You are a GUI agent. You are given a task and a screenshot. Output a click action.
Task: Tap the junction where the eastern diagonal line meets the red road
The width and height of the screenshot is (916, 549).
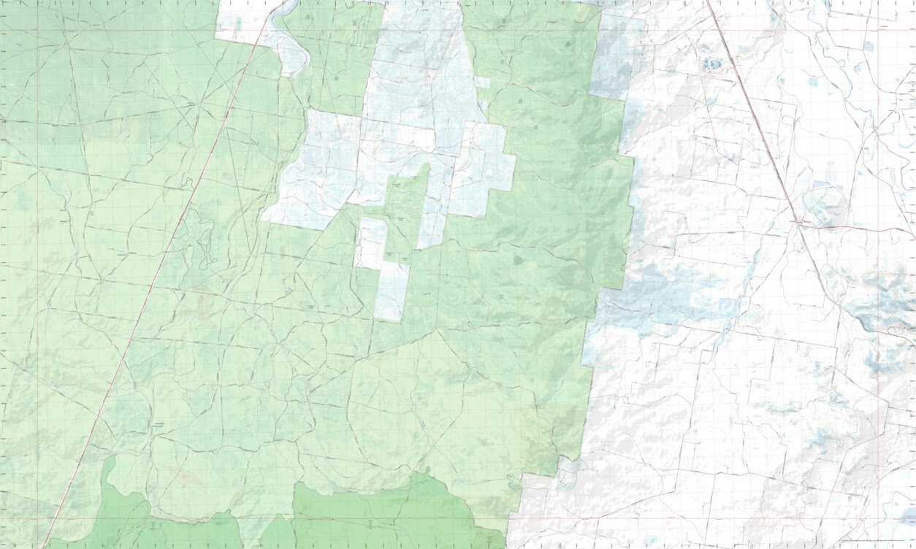(800, 222)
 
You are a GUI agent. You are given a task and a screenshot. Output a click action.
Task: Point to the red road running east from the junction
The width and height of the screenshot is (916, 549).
(855, 228)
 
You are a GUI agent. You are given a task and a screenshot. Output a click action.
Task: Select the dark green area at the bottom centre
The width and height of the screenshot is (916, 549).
(380, 515)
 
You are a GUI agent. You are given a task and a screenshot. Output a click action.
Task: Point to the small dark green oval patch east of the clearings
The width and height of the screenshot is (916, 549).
(518, 259)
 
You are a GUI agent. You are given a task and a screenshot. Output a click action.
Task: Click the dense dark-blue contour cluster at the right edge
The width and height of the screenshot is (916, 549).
(888, 299)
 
